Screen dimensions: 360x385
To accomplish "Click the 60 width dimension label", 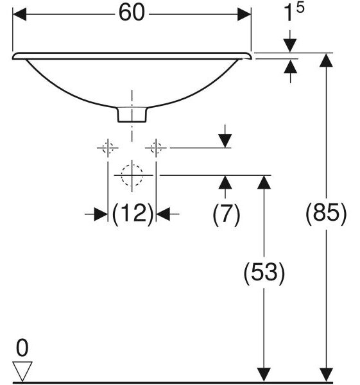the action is point(132,13).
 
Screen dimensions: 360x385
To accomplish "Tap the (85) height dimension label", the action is point(326,212).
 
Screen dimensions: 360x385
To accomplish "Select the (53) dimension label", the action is point(264,273).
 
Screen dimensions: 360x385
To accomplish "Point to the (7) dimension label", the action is point(226,214).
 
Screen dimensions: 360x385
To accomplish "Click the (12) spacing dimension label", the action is point(133,213).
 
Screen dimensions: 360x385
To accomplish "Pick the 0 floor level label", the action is point(22,348).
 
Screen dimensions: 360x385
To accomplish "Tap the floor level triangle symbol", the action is point(22,372).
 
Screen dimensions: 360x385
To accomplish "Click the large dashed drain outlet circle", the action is point(132,175).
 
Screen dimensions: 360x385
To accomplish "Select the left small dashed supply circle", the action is point(108,148).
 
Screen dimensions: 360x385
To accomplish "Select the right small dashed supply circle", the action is point(156,148).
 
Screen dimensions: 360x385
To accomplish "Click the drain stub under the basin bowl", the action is point(132,114).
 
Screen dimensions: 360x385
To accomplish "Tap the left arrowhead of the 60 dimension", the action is point(19,14).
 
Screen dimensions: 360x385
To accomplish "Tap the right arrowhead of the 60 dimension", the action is point(244,14).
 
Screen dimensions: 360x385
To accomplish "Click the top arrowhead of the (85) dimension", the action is point(326,60).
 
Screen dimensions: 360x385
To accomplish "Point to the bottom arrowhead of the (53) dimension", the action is point(264,375).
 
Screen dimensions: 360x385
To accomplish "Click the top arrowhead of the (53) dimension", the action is point(264,182).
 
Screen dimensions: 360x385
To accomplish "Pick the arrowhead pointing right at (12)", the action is point(101,214).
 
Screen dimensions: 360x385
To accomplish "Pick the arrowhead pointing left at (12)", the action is point(163,214).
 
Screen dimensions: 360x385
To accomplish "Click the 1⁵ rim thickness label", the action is point(293,12).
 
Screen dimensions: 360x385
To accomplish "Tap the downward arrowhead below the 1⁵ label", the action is point(290,46).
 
